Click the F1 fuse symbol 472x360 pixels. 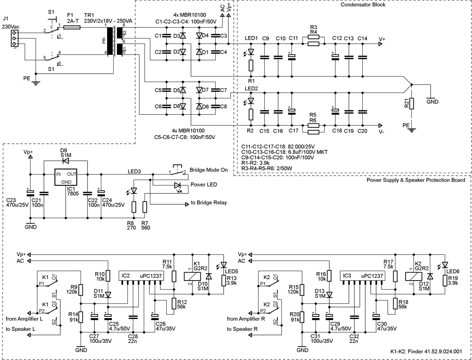(x=72, y=27)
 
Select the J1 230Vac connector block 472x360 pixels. (x=15, y=38)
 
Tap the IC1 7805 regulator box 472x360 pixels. (x=66, y=177)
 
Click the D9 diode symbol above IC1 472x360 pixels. (x=66, y=161)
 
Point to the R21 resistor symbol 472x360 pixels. (x=412, y=103)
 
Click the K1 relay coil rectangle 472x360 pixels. (x=192, y=277)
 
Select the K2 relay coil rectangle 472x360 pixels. (x=413, y=277)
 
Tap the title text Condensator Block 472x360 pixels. (x=363, y=4)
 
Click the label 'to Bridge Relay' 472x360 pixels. (x=208, y=202)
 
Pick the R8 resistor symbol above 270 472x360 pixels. (x=134, y=207)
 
